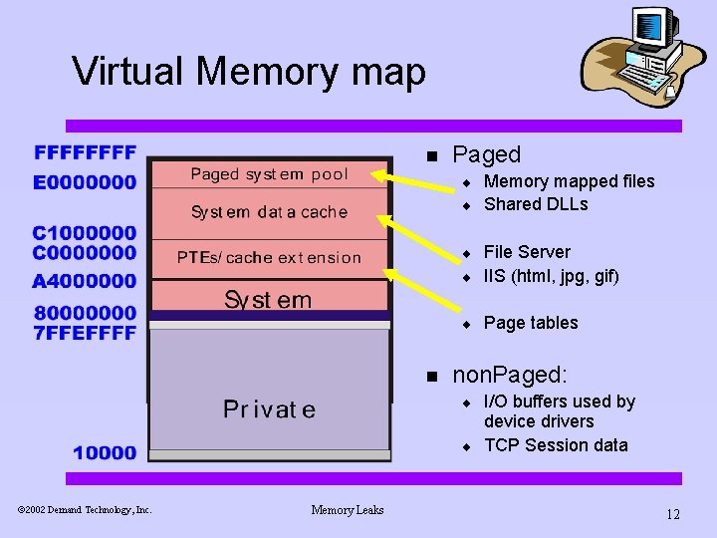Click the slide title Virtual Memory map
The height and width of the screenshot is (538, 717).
249,72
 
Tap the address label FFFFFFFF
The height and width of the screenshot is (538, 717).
85,153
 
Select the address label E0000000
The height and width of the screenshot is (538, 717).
85,182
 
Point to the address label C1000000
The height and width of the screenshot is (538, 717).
85,233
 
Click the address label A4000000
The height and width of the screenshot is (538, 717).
85,281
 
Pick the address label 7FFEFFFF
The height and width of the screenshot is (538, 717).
85,333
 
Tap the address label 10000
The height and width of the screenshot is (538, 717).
105,453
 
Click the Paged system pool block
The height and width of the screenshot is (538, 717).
269,174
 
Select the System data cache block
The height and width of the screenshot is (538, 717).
269,212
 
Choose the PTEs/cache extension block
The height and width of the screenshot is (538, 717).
269,257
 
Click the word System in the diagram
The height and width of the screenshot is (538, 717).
268,299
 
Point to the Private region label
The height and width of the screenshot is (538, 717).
269,409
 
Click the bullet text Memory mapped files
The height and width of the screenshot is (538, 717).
569,181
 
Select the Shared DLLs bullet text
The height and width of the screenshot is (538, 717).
536,204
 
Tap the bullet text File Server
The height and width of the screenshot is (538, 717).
527,252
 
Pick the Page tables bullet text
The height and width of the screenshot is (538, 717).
530,323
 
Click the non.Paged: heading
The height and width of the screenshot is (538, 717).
509,376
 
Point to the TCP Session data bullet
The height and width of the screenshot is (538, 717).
556,445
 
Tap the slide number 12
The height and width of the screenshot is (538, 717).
673,514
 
